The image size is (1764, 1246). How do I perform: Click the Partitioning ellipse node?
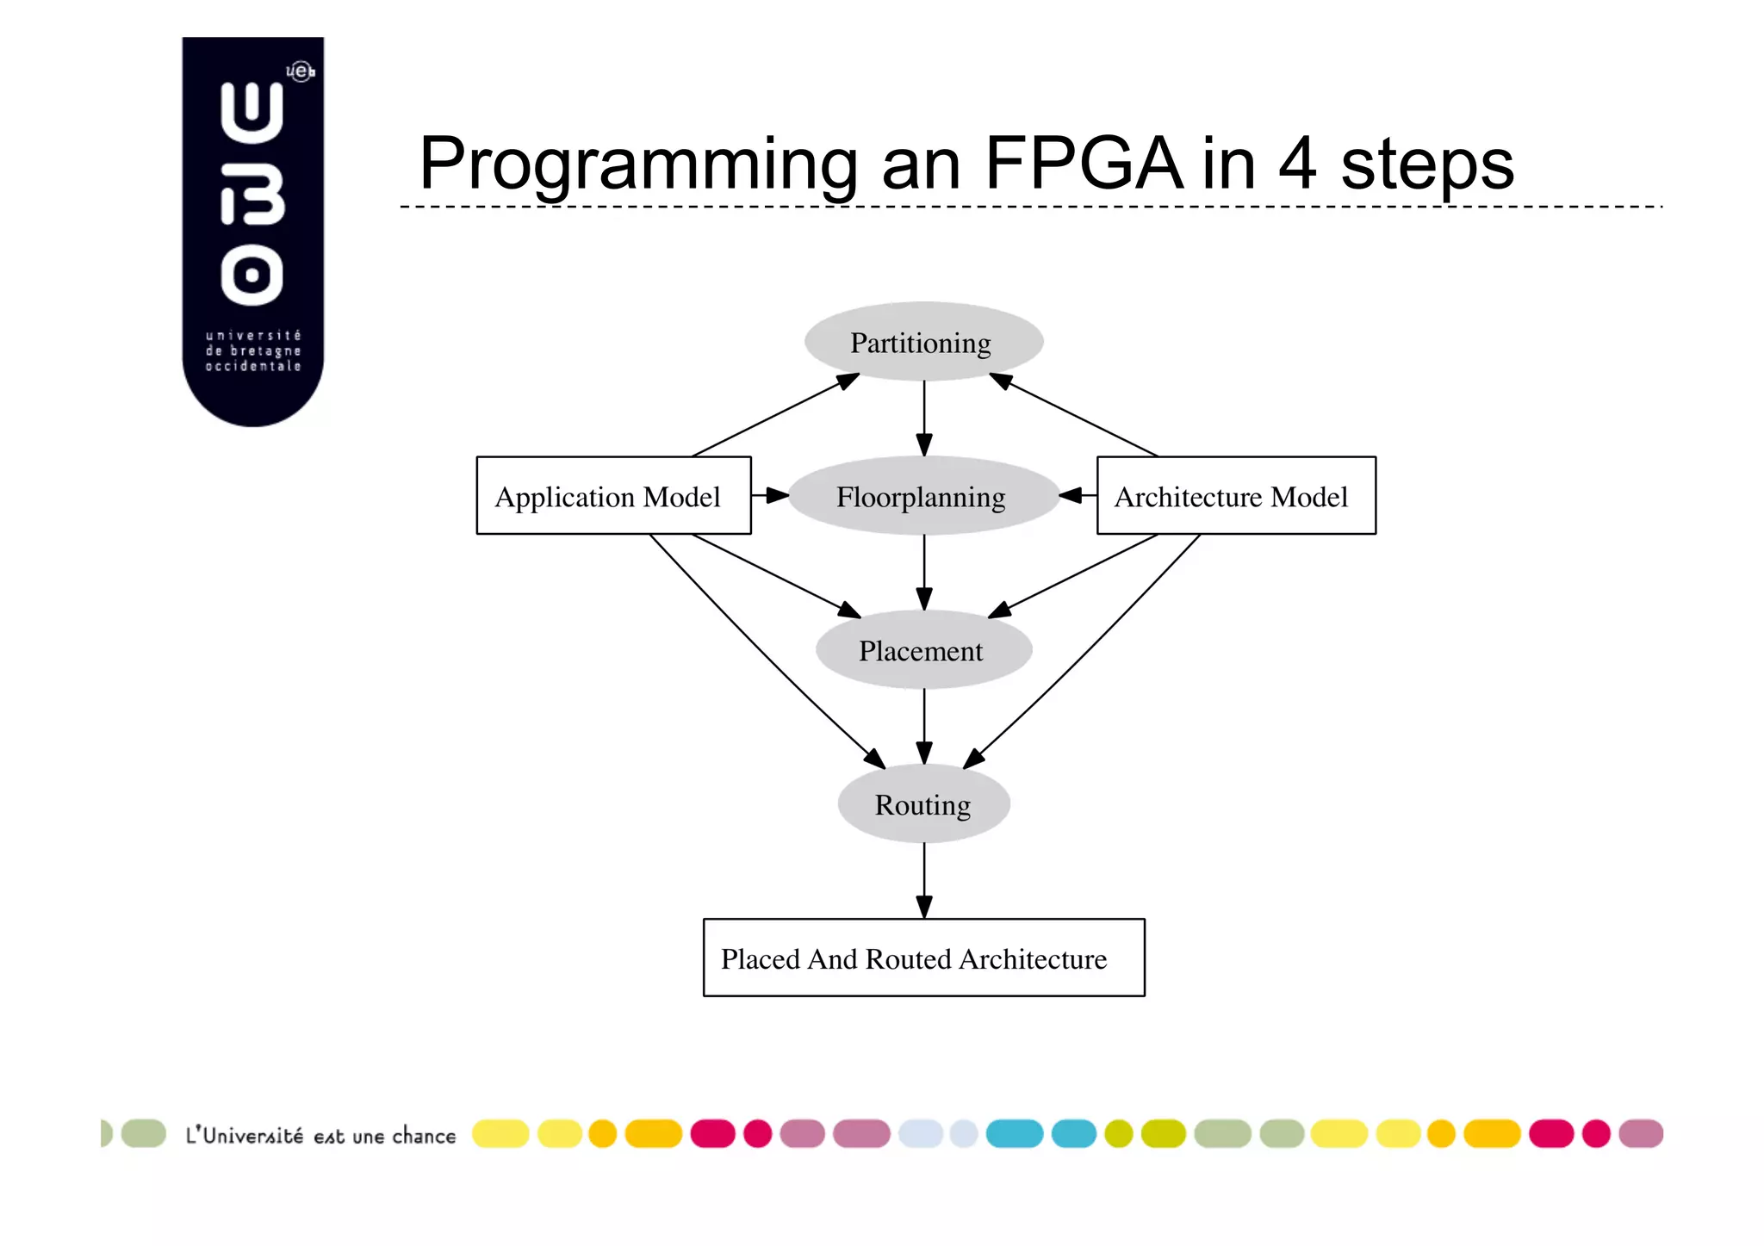[923, 342]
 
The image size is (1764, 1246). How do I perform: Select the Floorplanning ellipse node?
[923, 496]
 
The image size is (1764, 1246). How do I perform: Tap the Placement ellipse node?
[923, 650]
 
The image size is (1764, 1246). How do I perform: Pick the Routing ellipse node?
[923, 803]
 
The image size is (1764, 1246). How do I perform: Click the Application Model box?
[613, 495]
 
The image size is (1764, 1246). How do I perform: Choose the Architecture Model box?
[1235, 495]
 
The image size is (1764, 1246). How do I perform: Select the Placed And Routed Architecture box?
[923, 958]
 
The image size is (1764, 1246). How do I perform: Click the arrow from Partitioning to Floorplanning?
[924, 418]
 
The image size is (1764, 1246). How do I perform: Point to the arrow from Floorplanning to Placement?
[924, 572]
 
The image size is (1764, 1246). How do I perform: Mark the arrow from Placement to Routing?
[924, 726]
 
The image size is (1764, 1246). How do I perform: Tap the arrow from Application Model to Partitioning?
[775, 414]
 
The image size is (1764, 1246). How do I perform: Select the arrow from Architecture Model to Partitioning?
[1073, 414]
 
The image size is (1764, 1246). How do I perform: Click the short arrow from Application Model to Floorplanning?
[769, 495]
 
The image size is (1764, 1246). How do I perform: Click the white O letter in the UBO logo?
[252, 276]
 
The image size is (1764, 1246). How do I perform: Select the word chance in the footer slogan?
[424, 1136]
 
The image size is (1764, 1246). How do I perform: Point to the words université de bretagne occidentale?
[253, 350]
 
